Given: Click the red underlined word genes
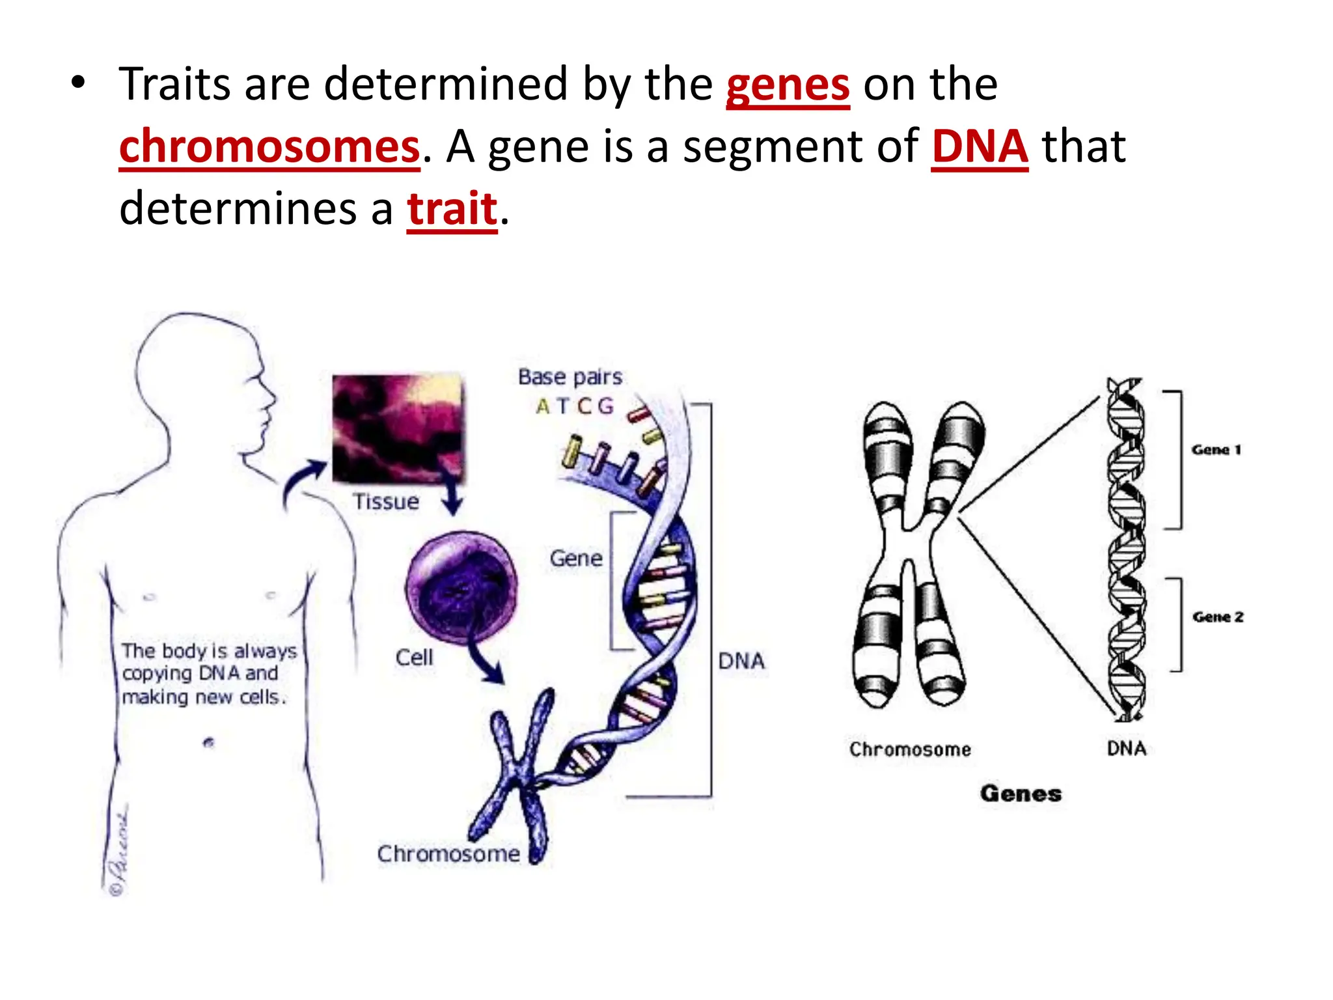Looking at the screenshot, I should click(788, 87).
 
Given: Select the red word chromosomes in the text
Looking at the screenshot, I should click(269, 148).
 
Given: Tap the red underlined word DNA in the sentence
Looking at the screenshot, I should click(980, 148).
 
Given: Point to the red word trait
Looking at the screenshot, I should click(452, 210).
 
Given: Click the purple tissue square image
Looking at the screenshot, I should click(398, 428).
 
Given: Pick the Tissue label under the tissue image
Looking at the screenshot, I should click(386, 502).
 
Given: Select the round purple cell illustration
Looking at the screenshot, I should click(461, 587).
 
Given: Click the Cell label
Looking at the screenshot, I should click(414, 658).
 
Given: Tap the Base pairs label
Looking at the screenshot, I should click(570, 377).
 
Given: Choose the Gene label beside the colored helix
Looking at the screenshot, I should click(576, 559).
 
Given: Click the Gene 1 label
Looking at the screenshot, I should click(1216, 450).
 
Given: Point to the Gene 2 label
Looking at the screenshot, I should click(1218, 617).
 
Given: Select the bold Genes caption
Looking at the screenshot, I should click(1021, 794).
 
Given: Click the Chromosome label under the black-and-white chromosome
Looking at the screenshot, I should click(910, 749).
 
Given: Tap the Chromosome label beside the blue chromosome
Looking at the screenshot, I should click(448, 854).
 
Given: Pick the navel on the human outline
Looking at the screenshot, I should click(209, 742).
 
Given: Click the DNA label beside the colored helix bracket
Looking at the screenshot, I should click(741, 661).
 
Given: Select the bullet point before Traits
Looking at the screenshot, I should click(79, 84).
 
